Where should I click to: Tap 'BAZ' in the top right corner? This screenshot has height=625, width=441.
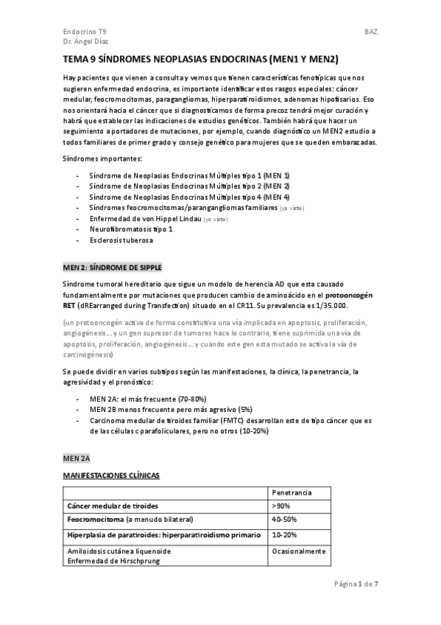pos(370,32)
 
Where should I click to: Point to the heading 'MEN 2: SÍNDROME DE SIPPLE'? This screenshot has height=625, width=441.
pos(112,267)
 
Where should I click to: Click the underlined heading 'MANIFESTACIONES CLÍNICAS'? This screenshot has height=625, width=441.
pos(110,476)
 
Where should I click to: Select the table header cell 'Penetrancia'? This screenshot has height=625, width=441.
pos(292,492)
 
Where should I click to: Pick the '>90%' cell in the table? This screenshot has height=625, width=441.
pos(281,506)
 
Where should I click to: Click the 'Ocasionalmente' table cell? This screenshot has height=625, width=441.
pos(299,551)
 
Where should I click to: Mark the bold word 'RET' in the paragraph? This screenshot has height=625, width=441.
pos(68,305)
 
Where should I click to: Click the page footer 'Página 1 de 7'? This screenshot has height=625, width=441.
pos(356,584)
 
